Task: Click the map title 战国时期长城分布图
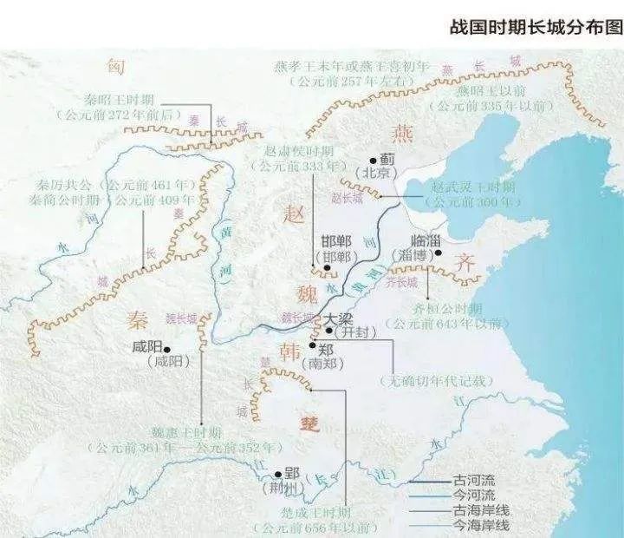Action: [x=536, y=26]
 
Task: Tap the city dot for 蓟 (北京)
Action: [x=373, y=160]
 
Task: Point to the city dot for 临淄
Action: [x=439, y=253]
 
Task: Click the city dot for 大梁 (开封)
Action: [x=329, y=331]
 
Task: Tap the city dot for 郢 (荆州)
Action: [x=277, y=475]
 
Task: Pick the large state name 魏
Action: [x=308, y=295]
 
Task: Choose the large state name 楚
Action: [x=309, y=423]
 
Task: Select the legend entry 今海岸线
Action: [x=479, y=526]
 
